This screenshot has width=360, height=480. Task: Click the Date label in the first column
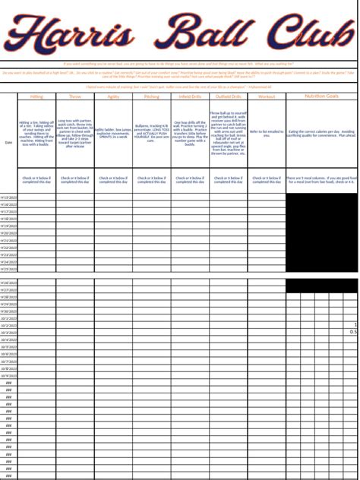coord(9,142)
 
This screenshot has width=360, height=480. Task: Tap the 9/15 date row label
coord(9,197)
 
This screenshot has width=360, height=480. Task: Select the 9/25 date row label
coord(9,269)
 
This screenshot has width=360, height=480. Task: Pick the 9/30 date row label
coord(9,311)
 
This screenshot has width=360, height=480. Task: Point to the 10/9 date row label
coord(9,375)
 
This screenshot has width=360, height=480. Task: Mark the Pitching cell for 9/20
coord(152,233)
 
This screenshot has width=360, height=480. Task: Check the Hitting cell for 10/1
coord(36,318)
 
